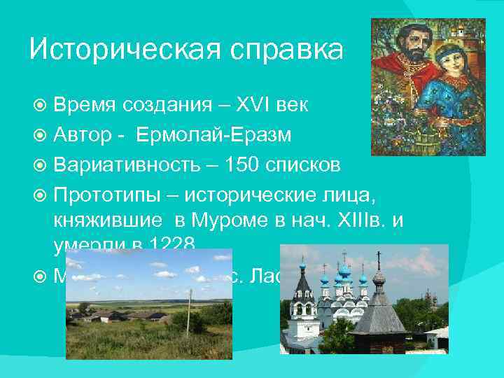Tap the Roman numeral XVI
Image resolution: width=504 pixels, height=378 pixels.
244,106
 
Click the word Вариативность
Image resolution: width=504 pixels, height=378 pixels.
134,165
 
